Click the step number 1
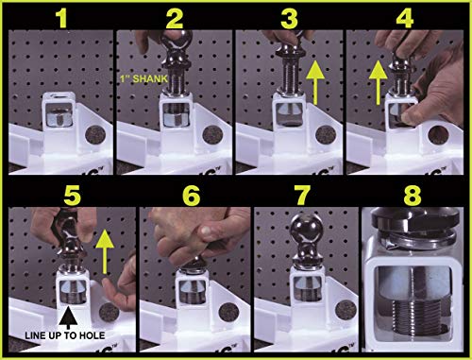point(62,18)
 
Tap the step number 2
point(174,18)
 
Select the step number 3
point(290,18)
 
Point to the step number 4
point(405,18)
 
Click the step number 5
point(72,196)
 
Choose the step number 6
point(191,196)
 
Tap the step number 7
point(302,196)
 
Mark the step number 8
point(413,196)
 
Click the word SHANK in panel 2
point(150,78)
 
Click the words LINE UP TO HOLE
point(65,335)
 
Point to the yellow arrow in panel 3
point(315,82)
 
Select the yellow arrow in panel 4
point(378,82)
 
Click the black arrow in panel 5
point(68,318)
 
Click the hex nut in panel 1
point(59,117)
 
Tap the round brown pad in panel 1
point(95,135)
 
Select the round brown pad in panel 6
point(228,312)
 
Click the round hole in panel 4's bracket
point(438,134)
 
